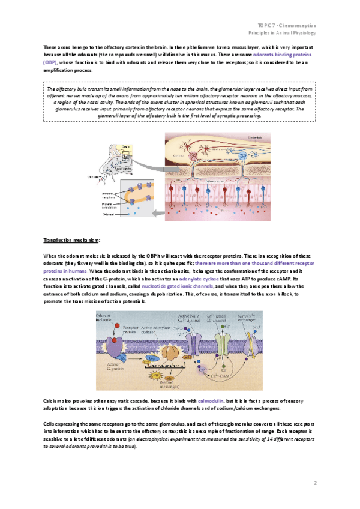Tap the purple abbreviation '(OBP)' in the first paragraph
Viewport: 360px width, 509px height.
(x=53, y=62)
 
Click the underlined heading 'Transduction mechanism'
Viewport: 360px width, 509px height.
(x=67, y=239)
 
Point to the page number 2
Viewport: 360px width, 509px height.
(x=314, y=483)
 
